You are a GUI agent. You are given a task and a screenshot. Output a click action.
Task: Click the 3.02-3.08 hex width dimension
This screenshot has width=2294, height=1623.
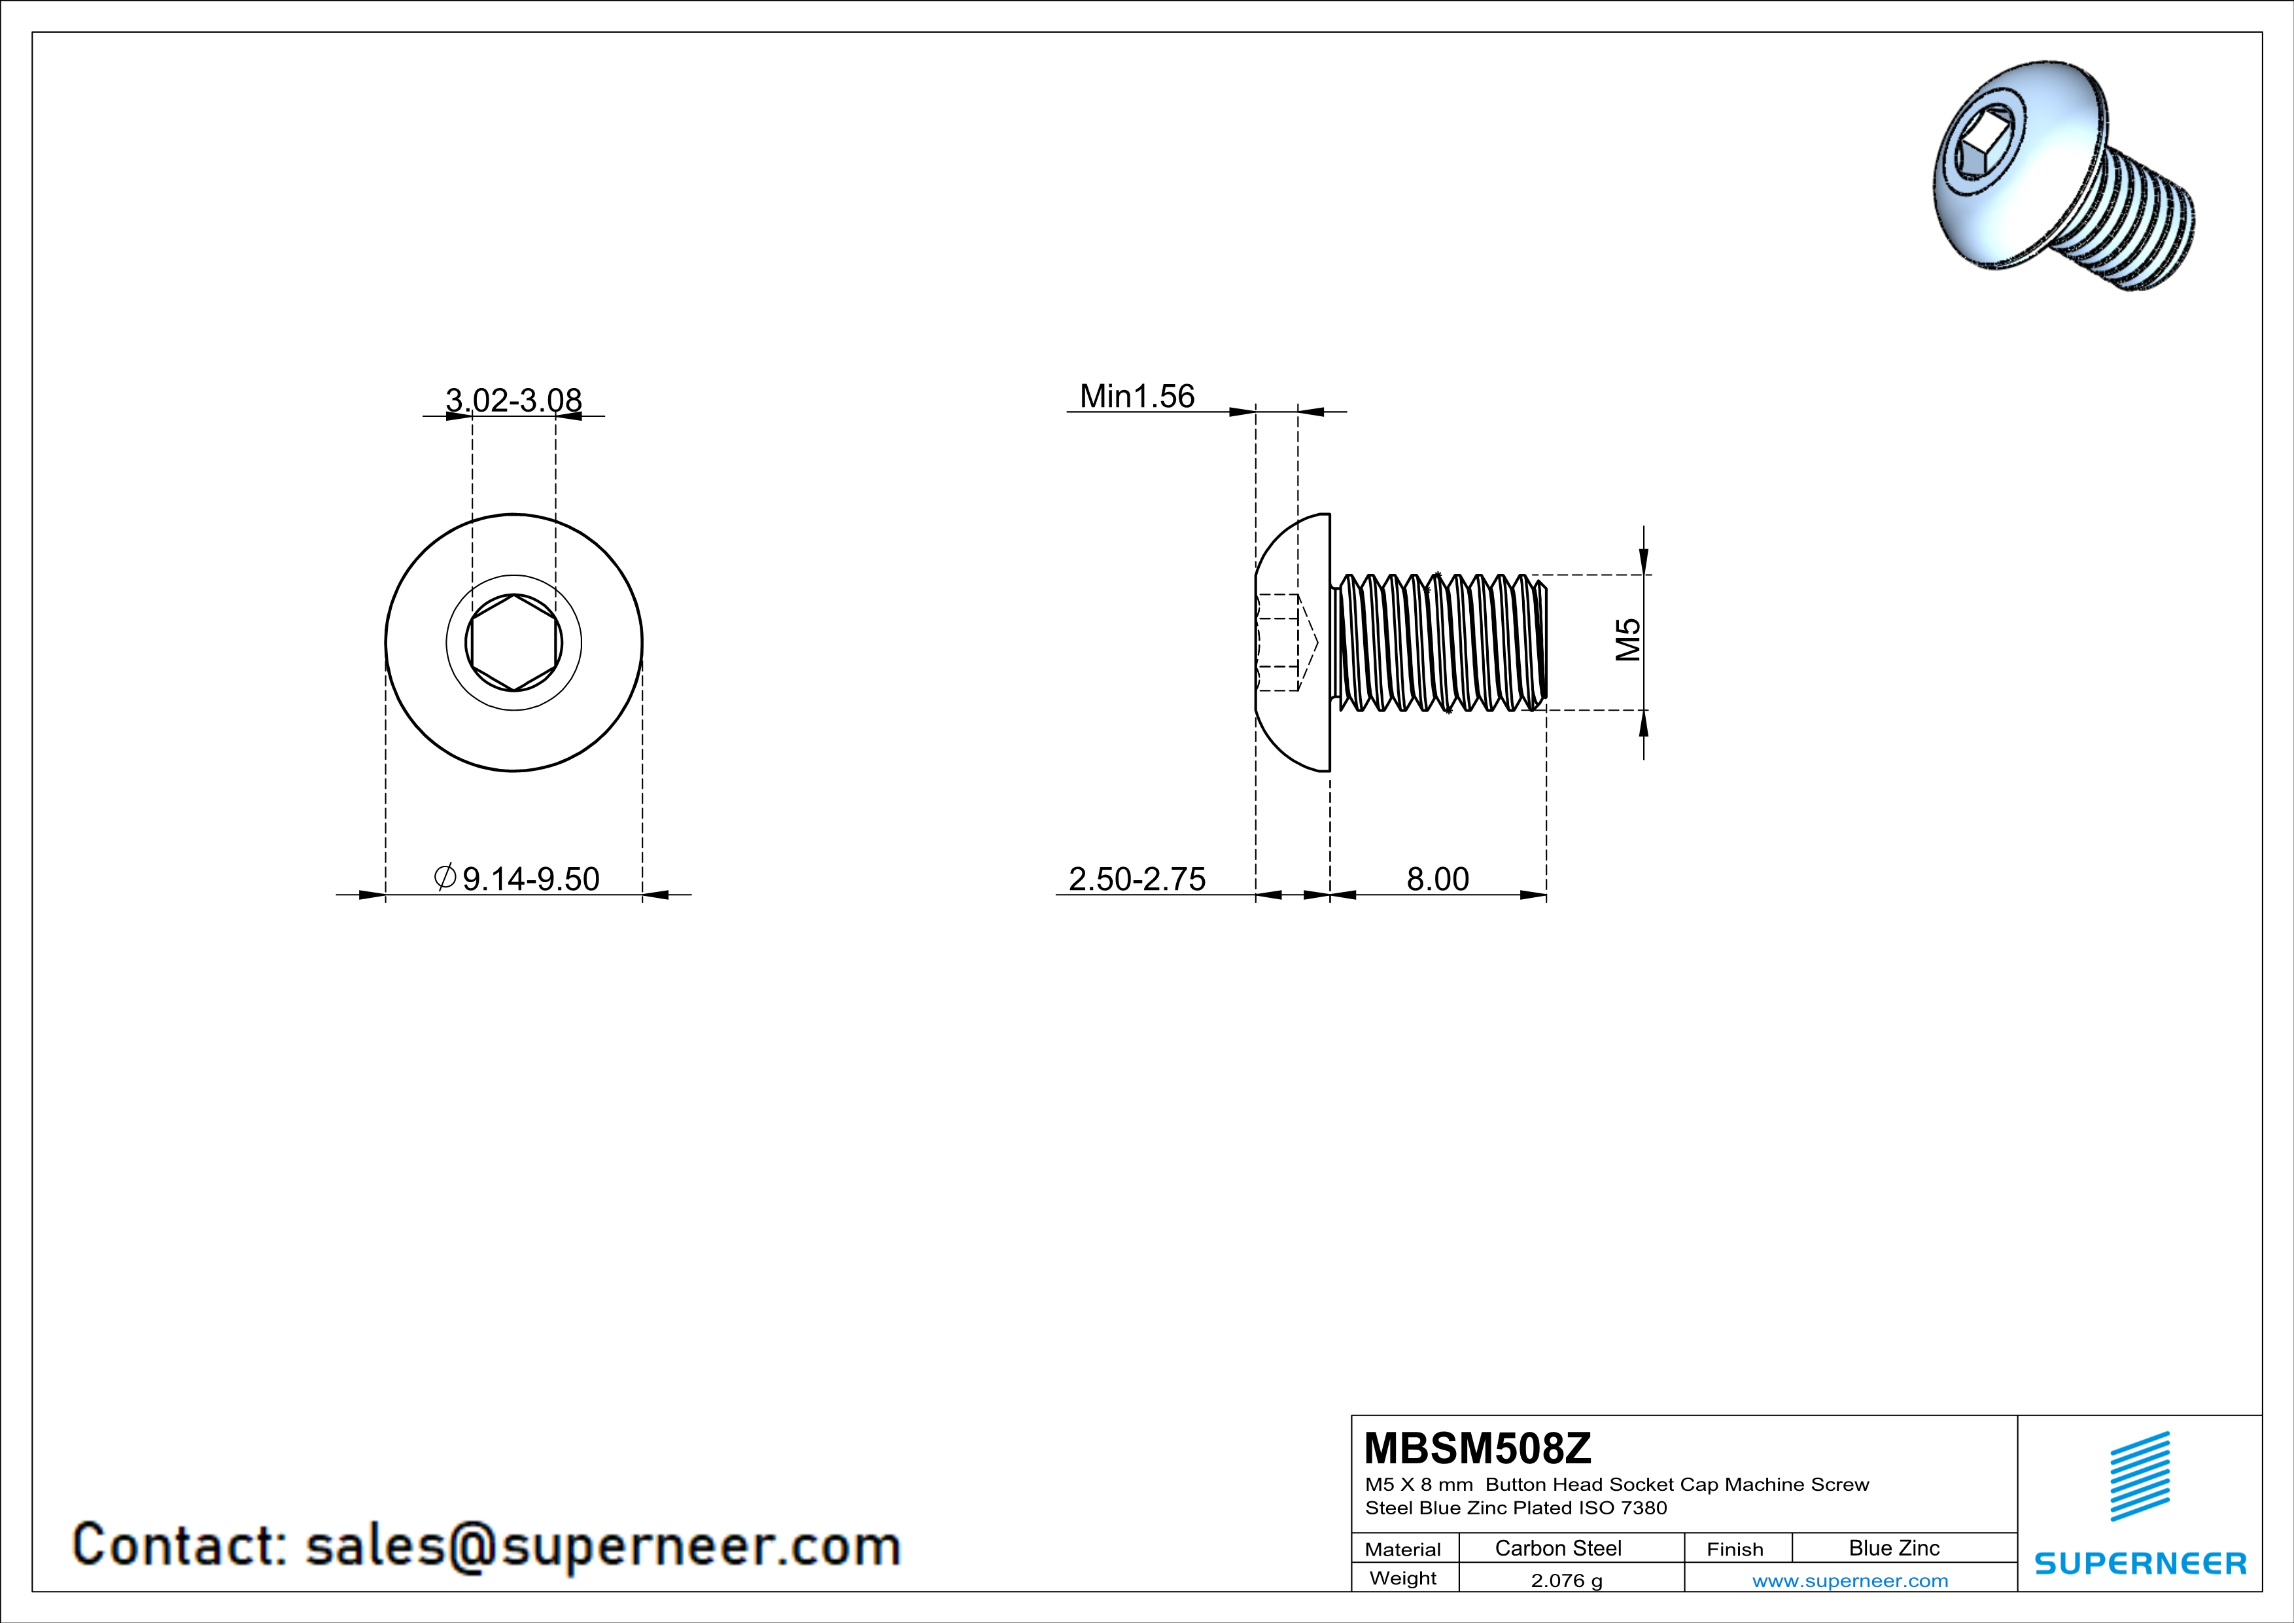tap(513, 401)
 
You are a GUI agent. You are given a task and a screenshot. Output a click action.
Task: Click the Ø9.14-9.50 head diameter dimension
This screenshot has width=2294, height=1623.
tap(517, 878)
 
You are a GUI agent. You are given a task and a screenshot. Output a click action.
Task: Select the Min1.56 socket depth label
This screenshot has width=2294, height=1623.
tap(1137, 397)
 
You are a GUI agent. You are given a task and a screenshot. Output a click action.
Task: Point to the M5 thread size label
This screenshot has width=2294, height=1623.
tap(1627, 639)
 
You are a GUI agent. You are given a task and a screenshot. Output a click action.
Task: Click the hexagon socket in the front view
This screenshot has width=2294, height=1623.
tap(513, 643)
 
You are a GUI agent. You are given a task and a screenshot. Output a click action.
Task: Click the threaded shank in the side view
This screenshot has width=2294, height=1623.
tap(1439, 643)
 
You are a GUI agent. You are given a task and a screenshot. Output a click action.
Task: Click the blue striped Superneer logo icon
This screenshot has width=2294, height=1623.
tap(2140, 1476)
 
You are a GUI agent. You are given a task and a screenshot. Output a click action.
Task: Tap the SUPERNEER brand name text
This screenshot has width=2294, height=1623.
tap(2140, 1563)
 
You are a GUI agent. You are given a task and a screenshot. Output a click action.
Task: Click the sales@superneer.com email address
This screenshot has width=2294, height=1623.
tap(602, 1545)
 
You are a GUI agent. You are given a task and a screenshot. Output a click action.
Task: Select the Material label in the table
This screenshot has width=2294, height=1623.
tap(1403, 1549)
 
